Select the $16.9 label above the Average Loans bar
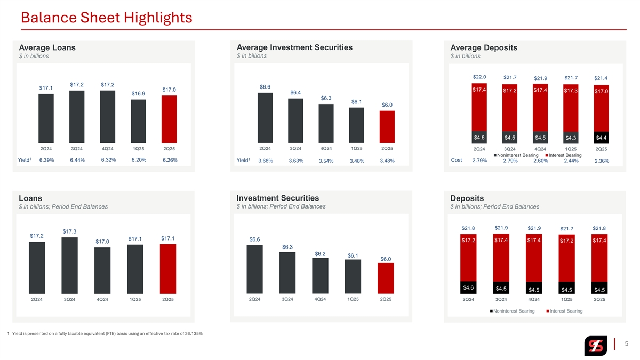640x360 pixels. [x=139, y=94]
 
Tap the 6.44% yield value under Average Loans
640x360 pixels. [x=77, y=160]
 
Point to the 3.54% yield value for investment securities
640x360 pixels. [x=326, y=161]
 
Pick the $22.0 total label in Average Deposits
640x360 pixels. [x=479, y=77]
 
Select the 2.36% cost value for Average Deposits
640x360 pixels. [x=602, y=161]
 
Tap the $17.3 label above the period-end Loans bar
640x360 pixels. [x=70, y=231]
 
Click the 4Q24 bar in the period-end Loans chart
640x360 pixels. [x=102, y=270]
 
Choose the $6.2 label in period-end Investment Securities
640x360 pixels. [x=321, y=253]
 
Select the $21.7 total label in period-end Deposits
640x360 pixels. [x=567, y=229]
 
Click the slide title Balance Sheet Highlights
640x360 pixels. [x=106, y=18]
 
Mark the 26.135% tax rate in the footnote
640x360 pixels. [x=191, y=334]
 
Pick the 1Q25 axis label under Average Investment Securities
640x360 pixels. [x=356, y=148]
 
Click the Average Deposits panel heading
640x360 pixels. [x=483, y=47]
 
